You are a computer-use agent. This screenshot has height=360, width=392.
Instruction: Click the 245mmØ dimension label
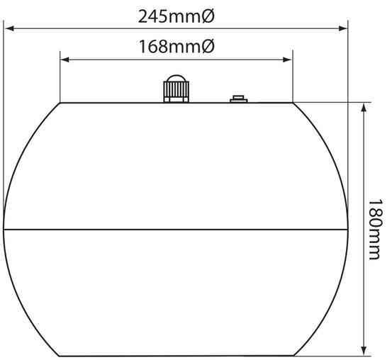click(177, 17)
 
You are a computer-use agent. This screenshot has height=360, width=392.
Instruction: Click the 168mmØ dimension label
click(177, 47)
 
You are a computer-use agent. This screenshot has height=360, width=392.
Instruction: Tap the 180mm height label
click(376, 230)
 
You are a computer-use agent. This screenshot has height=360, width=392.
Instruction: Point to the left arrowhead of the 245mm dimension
click(9, 28)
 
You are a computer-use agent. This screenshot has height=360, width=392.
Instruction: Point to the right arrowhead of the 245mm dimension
click(343, 28)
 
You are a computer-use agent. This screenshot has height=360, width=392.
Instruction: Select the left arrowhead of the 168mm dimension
click(65, 60)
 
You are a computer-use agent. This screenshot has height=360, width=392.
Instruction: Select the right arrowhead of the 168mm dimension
click(287, 60)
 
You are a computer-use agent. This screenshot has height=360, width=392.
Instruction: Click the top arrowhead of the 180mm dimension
click(364, 108)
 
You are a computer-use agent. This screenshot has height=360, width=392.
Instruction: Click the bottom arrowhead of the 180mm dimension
click(364, 350)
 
